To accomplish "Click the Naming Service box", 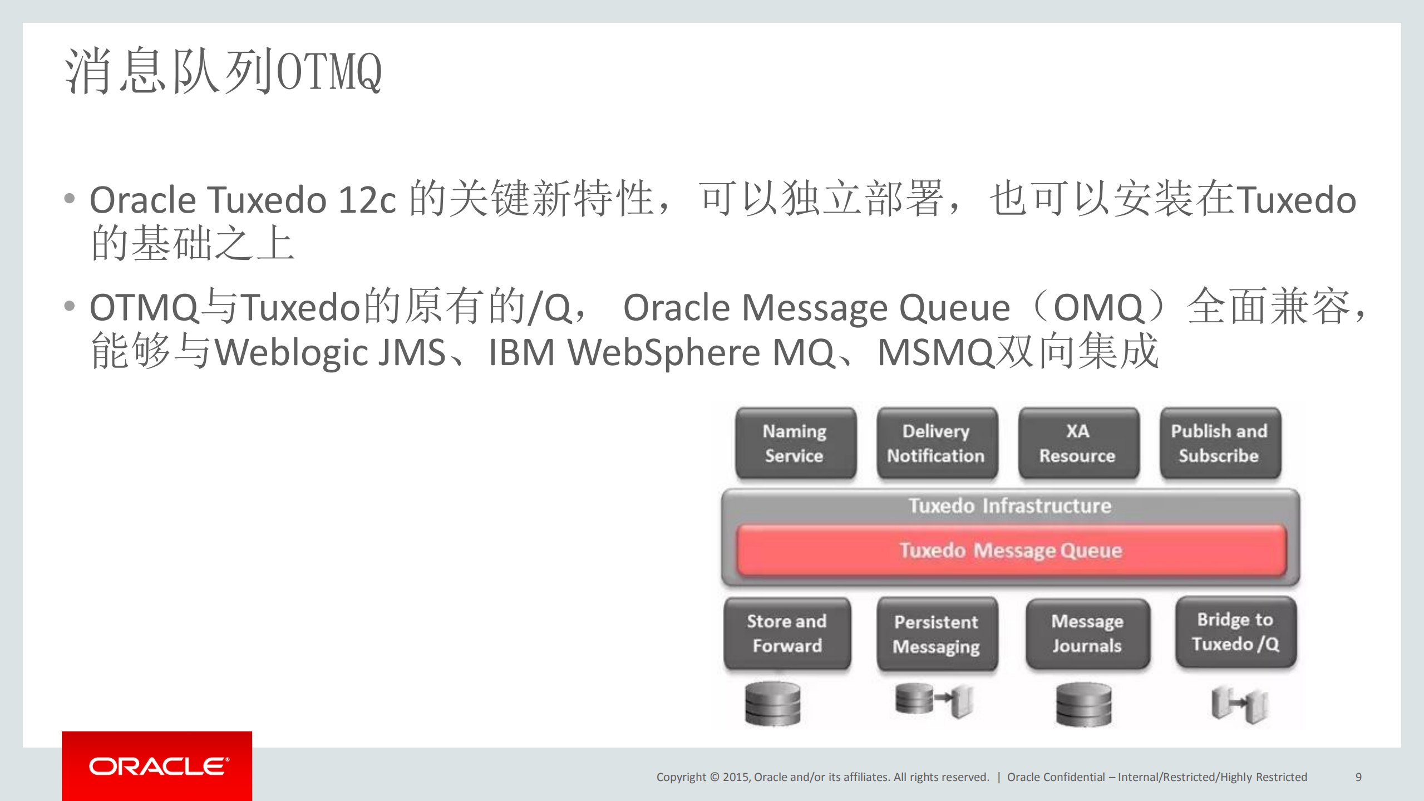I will pos(795,443).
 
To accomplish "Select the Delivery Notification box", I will pos(937,443).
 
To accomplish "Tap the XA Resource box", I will pos(1078,443).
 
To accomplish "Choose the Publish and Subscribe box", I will pos(1220,443).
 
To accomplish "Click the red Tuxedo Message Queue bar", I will pos(1011,550).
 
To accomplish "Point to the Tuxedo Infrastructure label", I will pos(1010,506).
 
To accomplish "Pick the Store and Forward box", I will pos(787,633).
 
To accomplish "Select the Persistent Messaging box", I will pos(937,634).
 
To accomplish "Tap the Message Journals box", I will pos(1087,633).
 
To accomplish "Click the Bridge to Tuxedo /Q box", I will pos(1235,632).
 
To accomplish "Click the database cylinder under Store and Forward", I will pos(772,704).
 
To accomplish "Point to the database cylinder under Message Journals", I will pos(1083,705).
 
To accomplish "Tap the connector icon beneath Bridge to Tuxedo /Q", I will pos(1239,704).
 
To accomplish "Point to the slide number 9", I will pos(1358,777).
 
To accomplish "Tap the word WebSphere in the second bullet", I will pos(663,352).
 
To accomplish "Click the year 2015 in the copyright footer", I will pos(735,777).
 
